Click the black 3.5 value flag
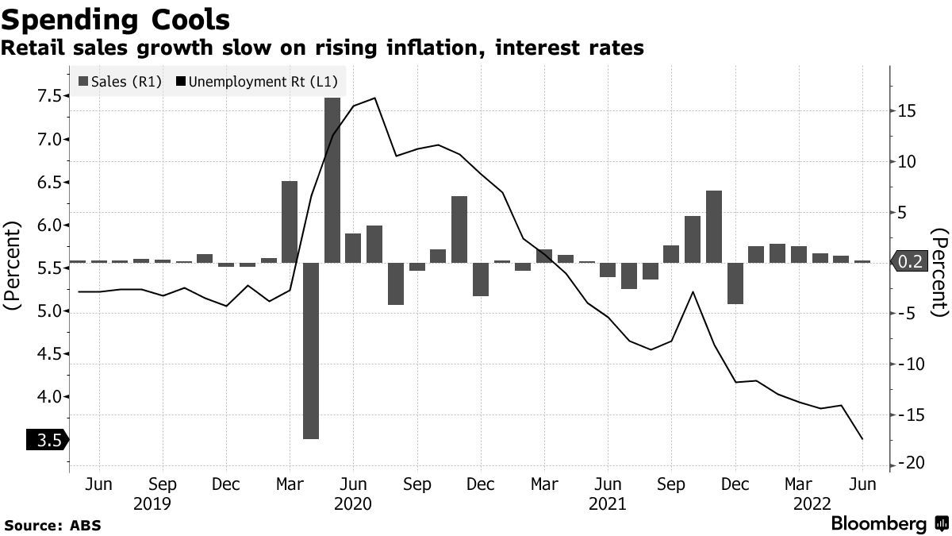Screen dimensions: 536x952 point(48,440)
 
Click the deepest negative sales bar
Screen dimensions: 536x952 point(311,349)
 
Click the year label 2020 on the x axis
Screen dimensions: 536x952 point(354,503)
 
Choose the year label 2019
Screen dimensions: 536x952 point(152,503)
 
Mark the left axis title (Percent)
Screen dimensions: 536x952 point(13,267)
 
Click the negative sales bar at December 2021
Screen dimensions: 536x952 point(735,282)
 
